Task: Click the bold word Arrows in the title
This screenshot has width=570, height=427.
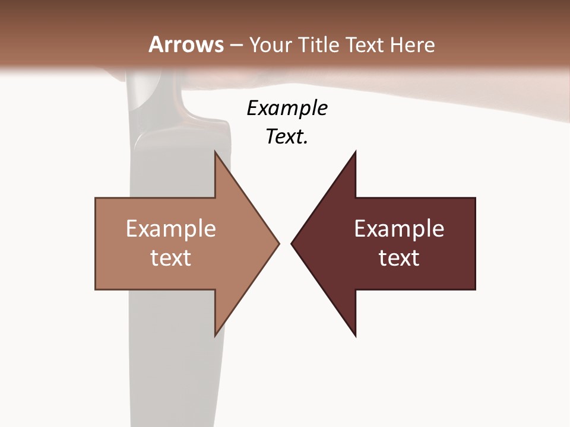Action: [185, 44]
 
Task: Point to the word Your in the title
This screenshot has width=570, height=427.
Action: [269, 44]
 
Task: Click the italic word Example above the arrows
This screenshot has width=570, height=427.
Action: [287, 108]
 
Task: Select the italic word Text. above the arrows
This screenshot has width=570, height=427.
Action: [287, 137]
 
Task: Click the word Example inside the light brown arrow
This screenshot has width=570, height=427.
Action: [171, 228]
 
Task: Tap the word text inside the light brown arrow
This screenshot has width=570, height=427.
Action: [171, 257]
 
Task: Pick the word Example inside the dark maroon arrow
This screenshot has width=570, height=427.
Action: [399, 228]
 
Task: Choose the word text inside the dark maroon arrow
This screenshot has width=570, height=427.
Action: [399, 257]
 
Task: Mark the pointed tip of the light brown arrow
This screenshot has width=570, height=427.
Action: [278, 243]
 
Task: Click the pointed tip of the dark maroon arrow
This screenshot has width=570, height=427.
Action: [292, 243]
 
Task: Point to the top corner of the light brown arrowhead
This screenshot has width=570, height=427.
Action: [215, 151]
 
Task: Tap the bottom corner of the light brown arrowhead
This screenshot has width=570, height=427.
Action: [215, 335]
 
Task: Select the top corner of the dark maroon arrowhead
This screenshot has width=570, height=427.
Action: [356, 151]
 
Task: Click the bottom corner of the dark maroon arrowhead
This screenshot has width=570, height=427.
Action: [356, 336]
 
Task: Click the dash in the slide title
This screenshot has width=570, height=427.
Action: [235, 45]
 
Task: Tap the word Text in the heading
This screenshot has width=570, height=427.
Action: [364, 44]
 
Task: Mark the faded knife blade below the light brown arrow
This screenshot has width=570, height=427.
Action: [172, 368]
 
